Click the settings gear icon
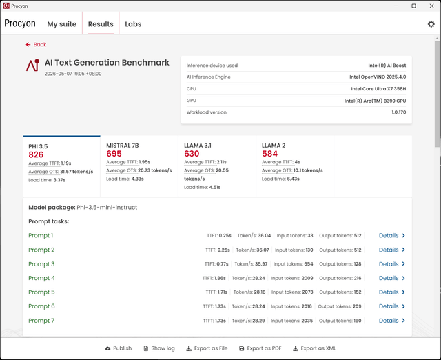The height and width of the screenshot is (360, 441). tap(431, 24)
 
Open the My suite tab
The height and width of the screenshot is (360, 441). tap(62, 24)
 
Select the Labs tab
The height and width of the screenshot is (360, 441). tap(133, 24)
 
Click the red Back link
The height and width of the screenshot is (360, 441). tap(36, 44)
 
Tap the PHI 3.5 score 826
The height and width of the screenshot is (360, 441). tap(36, 154)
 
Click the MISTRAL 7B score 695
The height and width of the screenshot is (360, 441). tap(114, 154)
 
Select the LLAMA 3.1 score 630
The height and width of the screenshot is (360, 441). tap(192, 154)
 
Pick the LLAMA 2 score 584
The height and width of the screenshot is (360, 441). tap(269, 154)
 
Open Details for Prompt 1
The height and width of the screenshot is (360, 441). tap(392, 236)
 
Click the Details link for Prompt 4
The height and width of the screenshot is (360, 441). tap(392, 278)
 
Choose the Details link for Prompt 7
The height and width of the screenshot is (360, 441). tap(392, 321)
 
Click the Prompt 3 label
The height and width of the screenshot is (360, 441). tap(41, 264)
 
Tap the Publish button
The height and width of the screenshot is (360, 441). tap(119, 348)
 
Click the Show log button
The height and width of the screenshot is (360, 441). tap(159, 348)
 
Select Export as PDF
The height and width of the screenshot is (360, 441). tap(260, 348)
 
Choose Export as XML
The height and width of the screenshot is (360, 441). tap(314, 348)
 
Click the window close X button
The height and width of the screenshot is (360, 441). tap(432, 6)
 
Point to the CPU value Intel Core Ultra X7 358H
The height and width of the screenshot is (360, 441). tap(378, 89)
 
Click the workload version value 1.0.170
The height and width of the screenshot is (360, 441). tap(399, 112)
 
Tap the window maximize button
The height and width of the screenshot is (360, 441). tap(413, 6)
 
